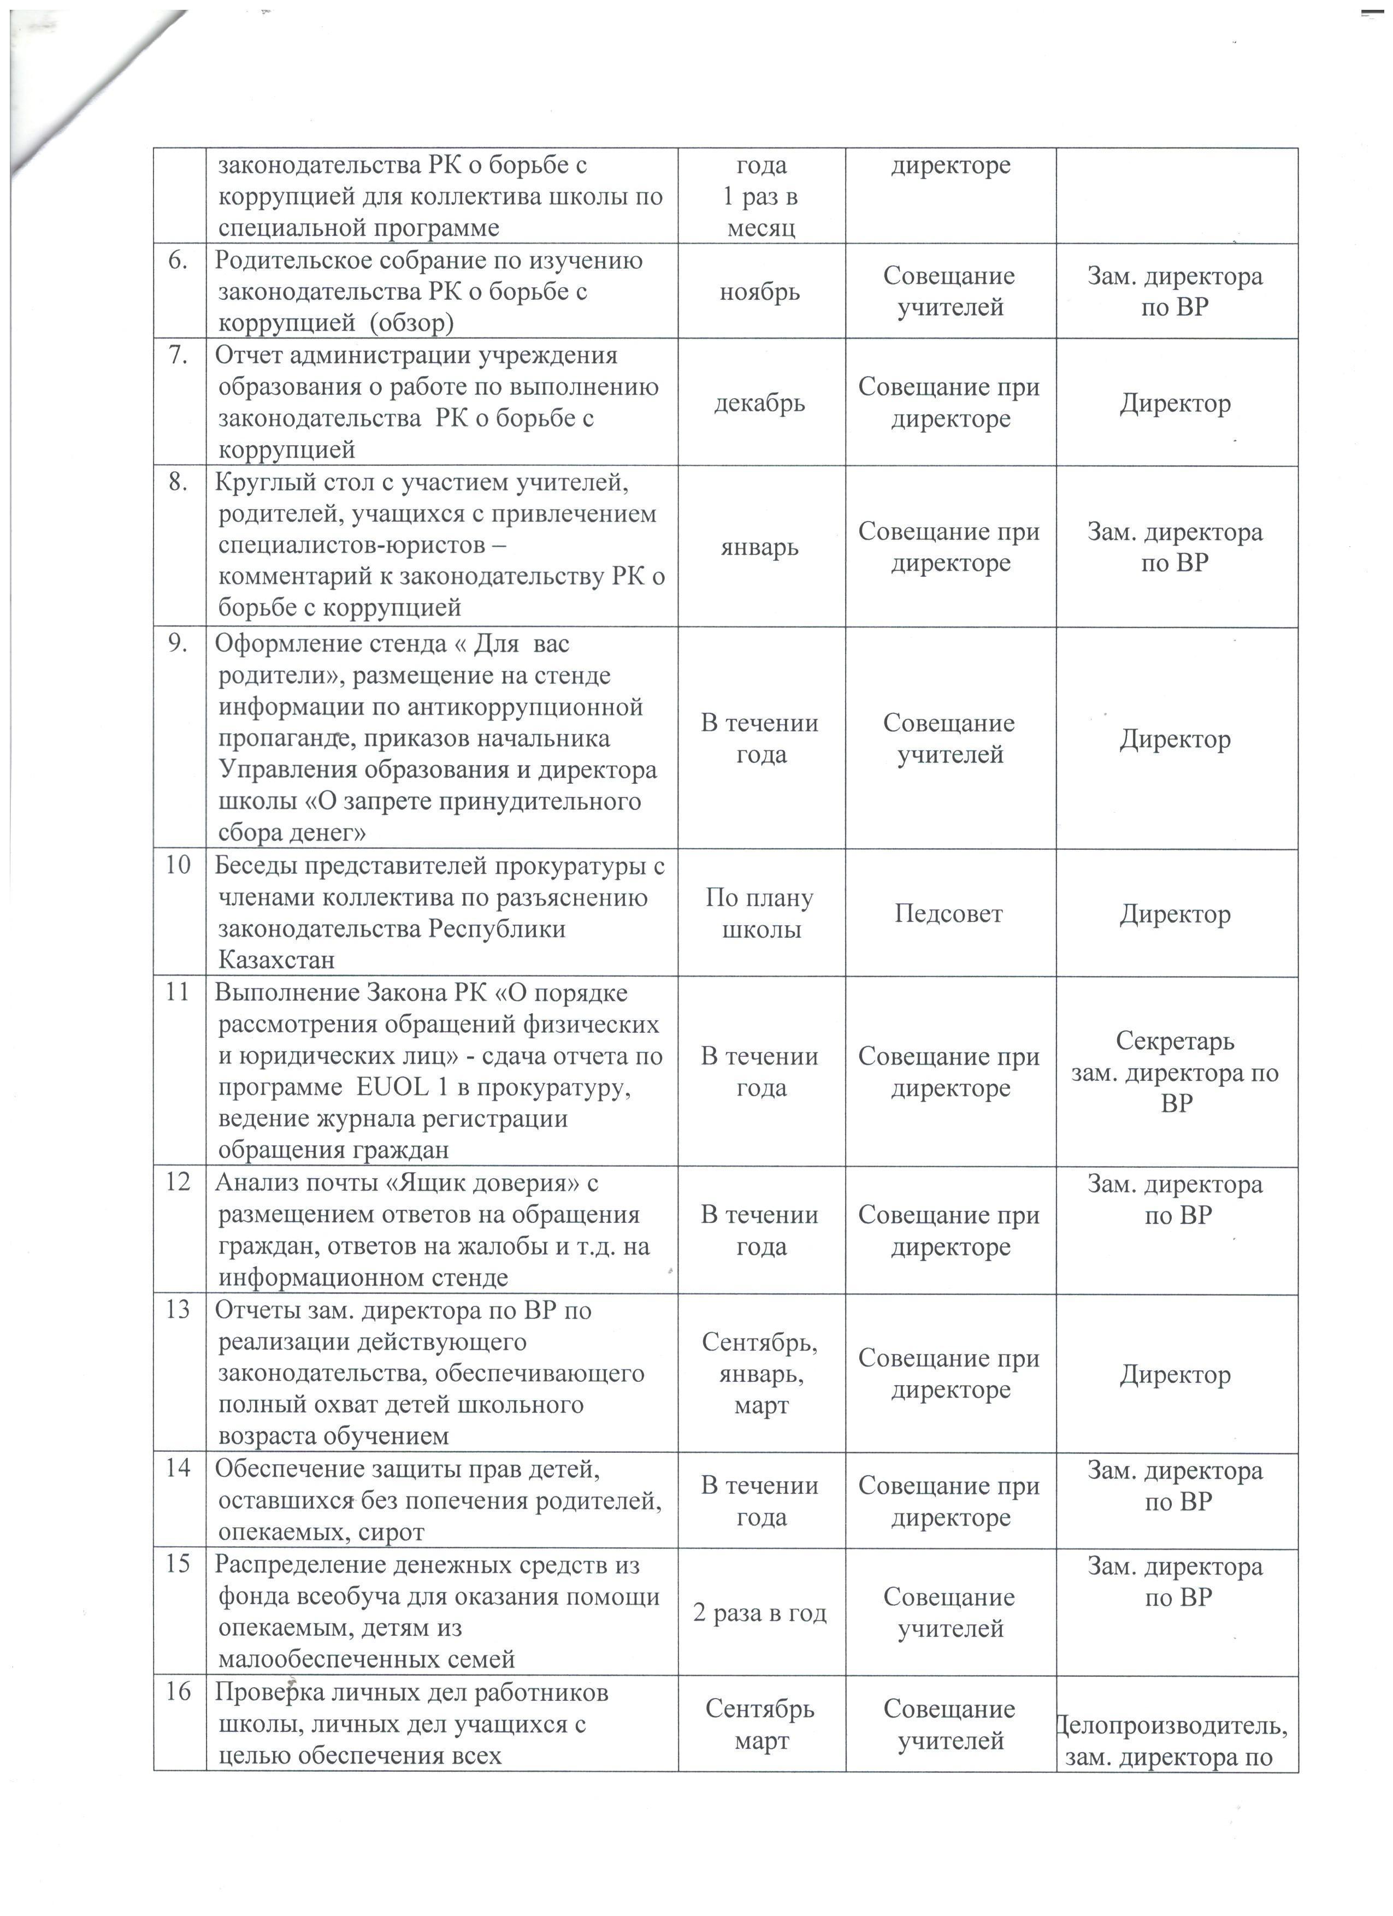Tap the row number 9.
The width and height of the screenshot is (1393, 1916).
[x=178, y=644]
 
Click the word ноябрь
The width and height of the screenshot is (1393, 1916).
[x=759, y=292]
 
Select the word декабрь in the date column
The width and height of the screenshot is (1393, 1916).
[x=759, y=403]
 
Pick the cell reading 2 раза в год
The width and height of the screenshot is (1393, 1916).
[x=759, y=1613]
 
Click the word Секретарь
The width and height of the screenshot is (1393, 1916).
[x=1175, y=1041]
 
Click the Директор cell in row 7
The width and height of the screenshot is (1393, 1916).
[x=1175, y=404]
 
